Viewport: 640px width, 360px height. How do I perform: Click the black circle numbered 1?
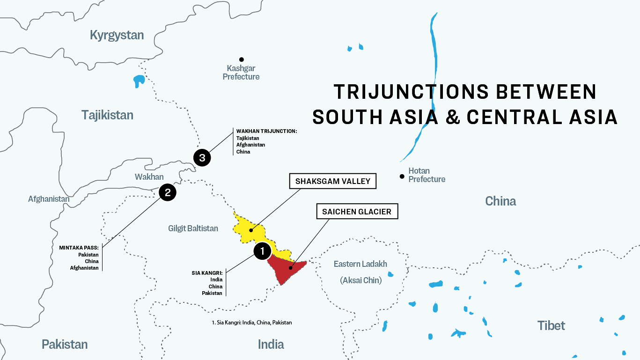click(x=262, y=251)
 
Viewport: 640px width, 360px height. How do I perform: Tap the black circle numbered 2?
click(x=167, y=192)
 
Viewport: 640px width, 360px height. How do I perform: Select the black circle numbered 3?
click(x=202, y=158)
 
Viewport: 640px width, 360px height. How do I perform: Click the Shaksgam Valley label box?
click(x=333, y=181)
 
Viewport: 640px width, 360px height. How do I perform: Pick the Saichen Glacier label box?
click(x=357, y=212)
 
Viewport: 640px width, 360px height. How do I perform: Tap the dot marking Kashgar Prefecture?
click(x=242, y=59)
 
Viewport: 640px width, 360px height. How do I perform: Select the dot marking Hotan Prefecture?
click(x=402, y=176)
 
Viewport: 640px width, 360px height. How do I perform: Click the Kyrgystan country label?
click(x=117, y=35)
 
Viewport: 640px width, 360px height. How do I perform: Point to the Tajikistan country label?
click(x=107, y=115)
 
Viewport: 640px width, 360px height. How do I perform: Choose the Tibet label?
click(x=551, y=325)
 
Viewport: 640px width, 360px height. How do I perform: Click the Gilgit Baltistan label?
click(x=193, y=228)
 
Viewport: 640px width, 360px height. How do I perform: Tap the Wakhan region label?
click(x=149, y=176)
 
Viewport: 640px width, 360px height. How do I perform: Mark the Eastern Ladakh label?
click(x=360, y=264)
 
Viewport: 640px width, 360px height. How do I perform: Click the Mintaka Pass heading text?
click(x=79, y=248)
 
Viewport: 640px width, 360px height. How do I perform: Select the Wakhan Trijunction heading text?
click(x=266, y=132)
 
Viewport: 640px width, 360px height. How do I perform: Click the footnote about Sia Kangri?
click(x=252, y=323)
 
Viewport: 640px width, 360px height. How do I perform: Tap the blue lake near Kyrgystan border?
click(x=139, y=81)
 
